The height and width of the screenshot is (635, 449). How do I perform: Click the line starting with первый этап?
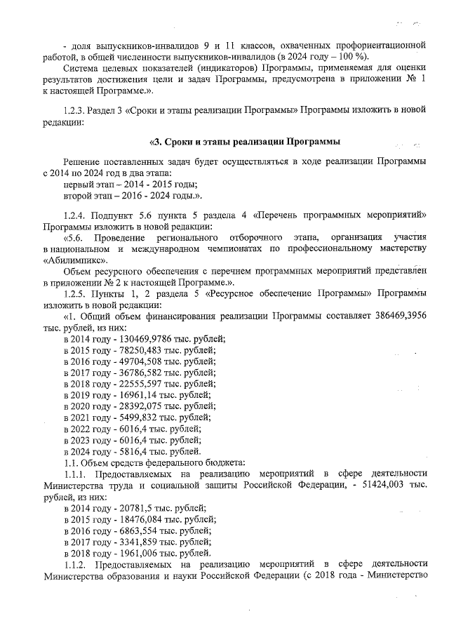coord(120,184)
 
